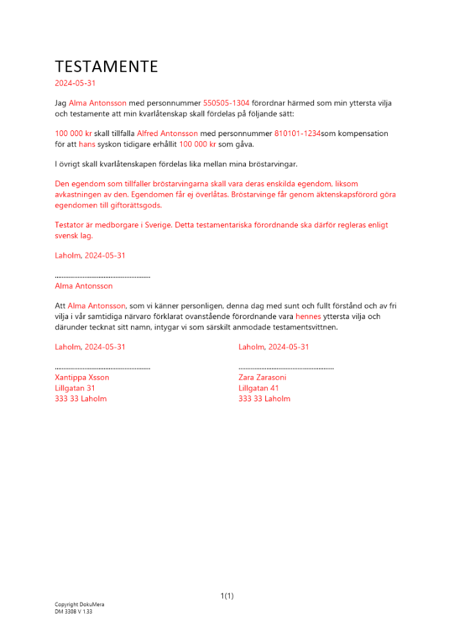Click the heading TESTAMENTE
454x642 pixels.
coord(106,67)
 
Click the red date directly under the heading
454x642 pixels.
coord(76,83)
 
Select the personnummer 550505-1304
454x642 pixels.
coord(226,103)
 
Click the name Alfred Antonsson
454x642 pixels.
coord(167,134)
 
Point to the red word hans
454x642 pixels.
coord(87,144)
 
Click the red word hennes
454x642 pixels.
coord(308,317)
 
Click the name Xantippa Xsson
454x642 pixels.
coord(82,377)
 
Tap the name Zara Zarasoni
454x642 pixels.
coord(262,377)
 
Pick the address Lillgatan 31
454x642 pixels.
coord(75,388)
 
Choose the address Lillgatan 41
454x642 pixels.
coord(258,388)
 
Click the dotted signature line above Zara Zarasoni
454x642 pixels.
coord(286,369)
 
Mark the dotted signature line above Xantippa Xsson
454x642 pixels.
coord(103,369)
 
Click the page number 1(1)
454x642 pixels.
coord(227,596)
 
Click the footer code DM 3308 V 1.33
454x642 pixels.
coord(73,612)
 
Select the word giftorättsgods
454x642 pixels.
coord(134,205)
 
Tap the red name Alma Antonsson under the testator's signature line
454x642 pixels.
coord(84,286)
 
